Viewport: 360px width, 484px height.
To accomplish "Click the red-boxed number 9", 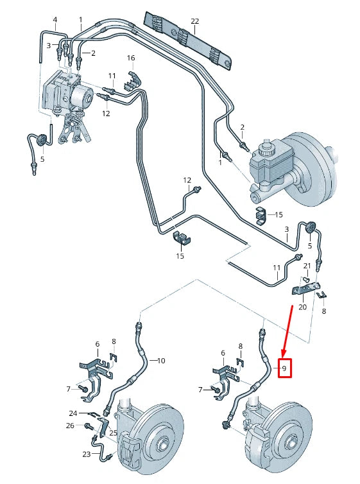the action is click(x=284, y=368).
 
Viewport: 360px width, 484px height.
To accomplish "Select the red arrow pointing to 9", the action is click(x=287, y=331).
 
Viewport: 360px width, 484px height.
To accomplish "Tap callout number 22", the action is click(x=194, y=21).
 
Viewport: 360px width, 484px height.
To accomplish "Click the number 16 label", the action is click(x=131, y=58).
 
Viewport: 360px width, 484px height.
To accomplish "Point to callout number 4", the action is click(x=55, y=20).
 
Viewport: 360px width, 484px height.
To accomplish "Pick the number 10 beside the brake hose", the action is click(x=161, y=361).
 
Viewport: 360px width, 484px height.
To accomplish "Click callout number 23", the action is click(x=87, y=454).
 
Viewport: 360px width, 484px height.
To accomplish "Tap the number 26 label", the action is click(x=70, y=426).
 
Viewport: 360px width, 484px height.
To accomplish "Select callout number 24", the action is click(x=73, y=413).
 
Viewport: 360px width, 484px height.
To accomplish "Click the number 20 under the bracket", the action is click(x=303, y=307).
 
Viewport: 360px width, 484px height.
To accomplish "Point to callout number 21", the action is click(x=307, y=266).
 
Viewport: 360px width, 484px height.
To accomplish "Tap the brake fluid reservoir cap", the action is click(x=265, y=148).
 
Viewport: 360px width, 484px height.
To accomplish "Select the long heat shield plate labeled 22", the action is click(x=188, y=40).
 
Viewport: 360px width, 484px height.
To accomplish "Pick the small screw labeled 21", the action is click(x=305, y=279).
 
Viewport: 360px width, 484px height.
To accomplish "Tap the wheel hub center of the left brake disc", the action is click(x=162, y=445).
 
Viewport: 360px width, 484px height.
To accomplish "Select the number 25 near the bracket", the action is click(x=113, y=433).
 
